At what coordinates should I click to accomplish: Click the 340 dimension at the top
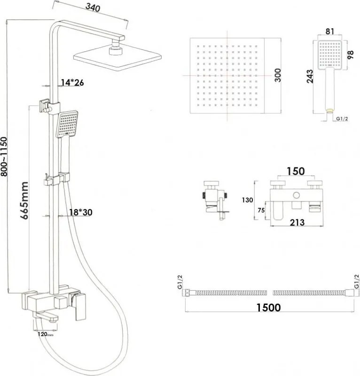pos(93,8)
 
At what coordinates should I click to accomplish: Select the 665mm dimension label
pos(24,200)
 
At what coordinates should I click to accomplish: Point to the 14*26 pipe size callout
pos(72,82)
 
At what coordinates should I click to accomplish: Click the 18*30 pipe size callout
pos(81,212)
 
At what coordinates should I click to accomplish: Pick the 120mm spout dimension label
pos(46,334)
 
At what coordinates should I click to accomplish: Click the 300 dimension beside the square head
pos(278,75)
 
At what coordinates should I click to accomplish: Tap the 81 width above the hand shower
pos(330,32)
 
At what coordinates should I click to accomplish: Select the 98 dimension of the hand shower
pos(350,55)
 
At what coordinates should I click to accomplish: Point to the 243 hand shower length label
pos(310,76)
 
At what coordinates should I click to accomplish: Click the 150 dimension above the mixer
pos(296,171)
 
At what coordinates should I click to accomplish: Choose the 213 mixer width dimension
pos(297,222)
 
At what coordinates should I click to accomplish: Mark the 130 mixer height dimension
pos(247,200)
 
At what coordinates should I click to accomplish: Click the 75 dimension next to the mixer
pos(261,210)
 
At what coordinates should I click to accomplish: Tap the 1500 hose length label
pos(268,307)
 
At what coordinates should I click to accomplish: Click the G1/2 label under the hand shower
pos(342,119)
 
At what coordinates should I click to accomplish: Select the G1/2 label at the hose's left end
pos(180,282)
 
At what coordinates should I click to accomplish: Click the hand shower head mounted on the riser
pos(67,124)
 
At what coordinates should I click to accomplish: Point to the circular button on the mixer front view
pos(296,195)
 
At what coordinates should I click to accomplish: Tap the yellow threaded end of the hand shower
pos(330,111)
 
